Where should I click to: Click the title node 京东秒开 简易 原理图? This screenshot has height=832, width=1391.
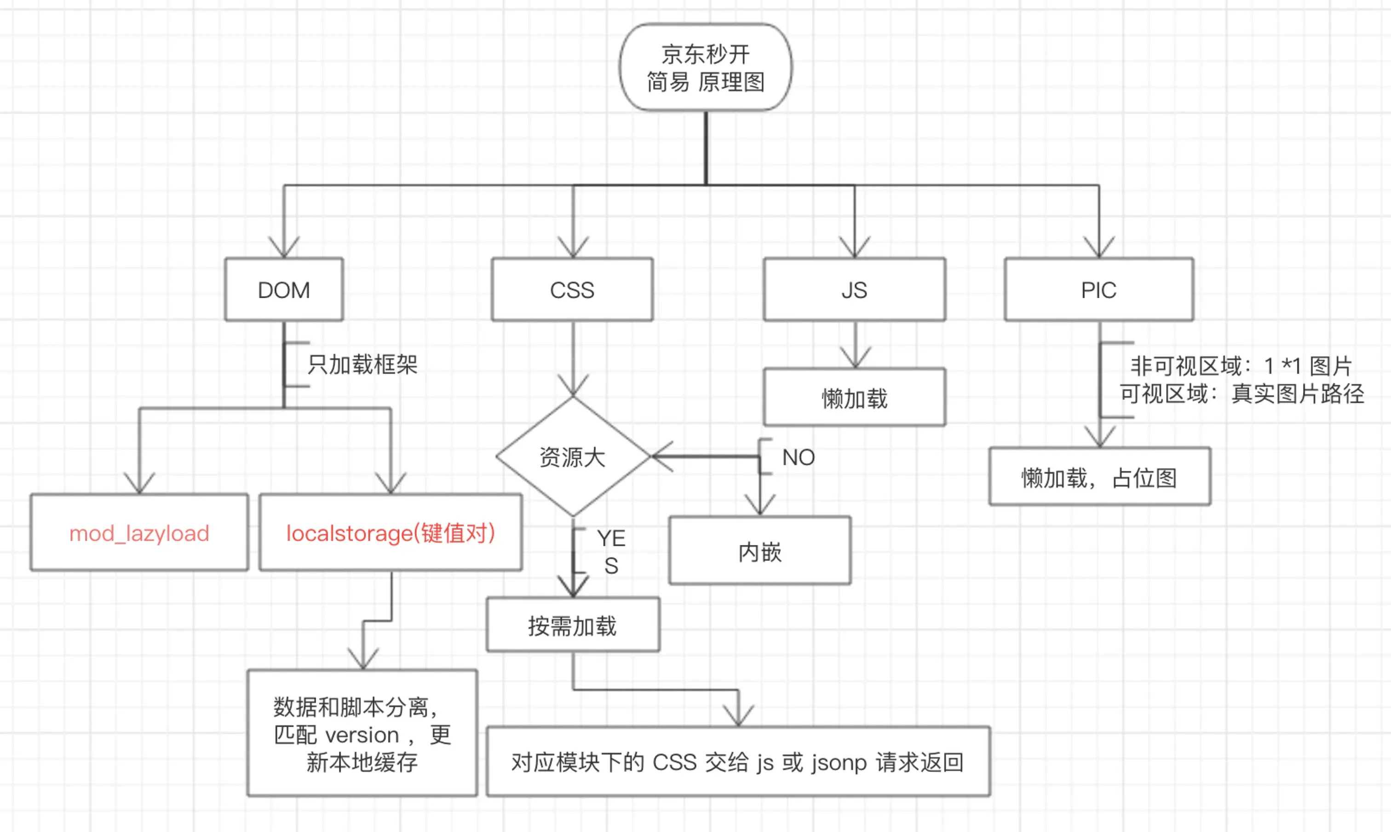click(705, 67)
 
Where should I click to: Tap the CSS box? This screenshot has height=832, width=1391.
click(572, 290)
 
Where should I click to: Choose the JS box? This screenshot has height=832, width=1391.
click(854, 290)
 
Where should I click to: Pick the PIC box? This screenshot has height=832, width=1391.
click(1098, 290)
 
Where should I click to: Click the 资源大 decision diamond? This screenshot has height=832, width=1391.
click(572, 457)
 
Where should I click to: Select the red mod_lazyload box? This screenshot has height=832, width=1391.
click(139, 532)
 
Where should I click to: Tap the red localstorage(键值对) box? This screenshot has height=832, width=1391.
click(391, 532)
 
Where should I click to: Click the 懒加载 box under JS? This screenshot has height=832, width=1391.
click(854, 398)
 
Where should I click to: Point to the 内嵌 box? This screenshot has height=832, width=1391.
click(759, 552)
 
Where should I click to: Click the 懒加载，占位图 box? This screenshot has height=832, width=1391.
click(1099, 478)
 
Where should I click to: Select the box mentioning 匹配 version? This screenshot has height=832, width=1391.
click(362, 734)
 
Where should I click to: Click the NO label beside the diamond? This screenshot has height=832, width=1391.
click(798, 457)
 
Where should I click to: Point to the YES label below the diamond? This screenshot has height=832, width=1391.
click(611, 552)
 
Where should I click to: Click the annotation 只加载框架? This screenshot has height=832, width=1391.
click(362, 364)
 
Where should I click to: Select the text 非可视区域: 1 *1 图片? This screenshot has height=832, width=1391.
click(1241, 366)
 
